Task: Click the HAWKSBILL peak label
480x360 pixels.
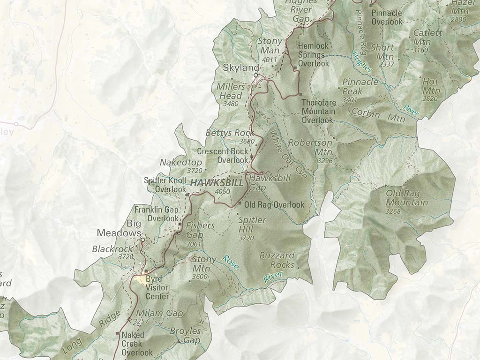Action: click(x=216, y=183)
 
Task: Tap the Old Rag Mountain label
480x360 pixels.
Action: click(x=406, y=198)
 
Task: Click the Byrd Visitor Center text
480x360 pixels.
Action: click(x=157, y=287)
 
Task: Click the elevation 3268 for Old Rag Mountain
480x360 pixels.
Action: click(x=393, y=211)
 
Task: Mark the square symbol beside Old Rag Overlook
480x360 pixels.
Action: click(x=240, y=204)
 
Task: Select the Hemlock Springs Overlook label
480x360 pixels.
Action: click(x=314, y=54)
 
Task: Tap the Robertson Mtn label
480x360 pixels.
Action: click(x=310, y=147)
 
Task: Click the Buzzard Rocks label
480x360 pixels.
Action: click(x=277, y=260)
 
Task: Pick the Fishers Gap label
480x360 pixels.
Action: click(x=200, y=230)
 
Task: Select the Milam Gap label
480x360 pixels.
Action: click(x=153, y=313)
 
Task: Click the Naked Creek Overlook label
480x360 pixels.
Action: click(x=137, y=344)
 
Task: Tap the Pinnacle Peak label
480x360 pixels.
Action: click(x=360, y=87)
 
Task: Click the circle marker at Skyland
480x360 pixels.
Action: click(x=256, y=75)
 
